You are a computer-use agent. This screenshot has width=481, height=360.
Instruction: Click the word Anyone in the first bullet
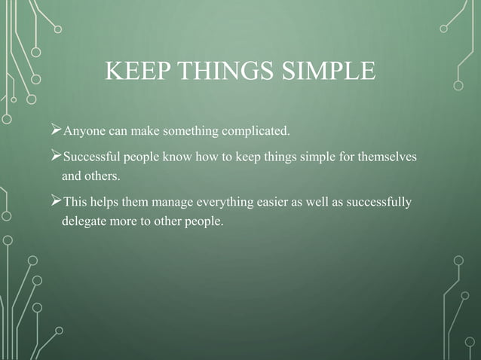coord(83,134)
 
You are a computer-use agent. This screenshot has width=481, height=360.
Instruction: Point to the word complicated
coord(254,134)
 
